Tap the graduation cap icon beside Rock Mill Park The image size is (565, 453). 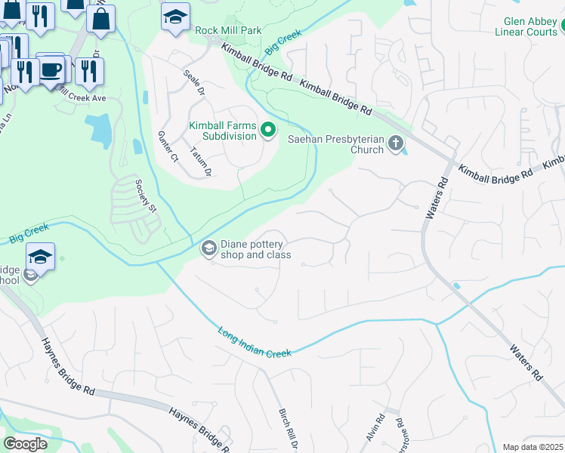pos(175,17)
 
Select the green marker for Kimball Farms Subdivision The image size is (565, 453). pos(267,131)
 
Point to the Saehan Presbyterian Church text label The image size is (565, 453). pos(336,143)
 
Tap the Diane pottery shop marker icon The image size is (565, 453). pos(208,248)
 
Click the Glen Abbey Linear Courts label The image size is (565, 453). pos(526,26)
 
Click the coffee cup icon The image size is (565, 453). pos(51,69)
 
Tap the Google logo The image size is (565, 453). pos(25,444)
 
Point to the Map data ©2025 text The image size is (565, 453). pos(533,447)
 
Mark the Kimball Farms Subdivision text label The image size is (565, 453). pos(224,131)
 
